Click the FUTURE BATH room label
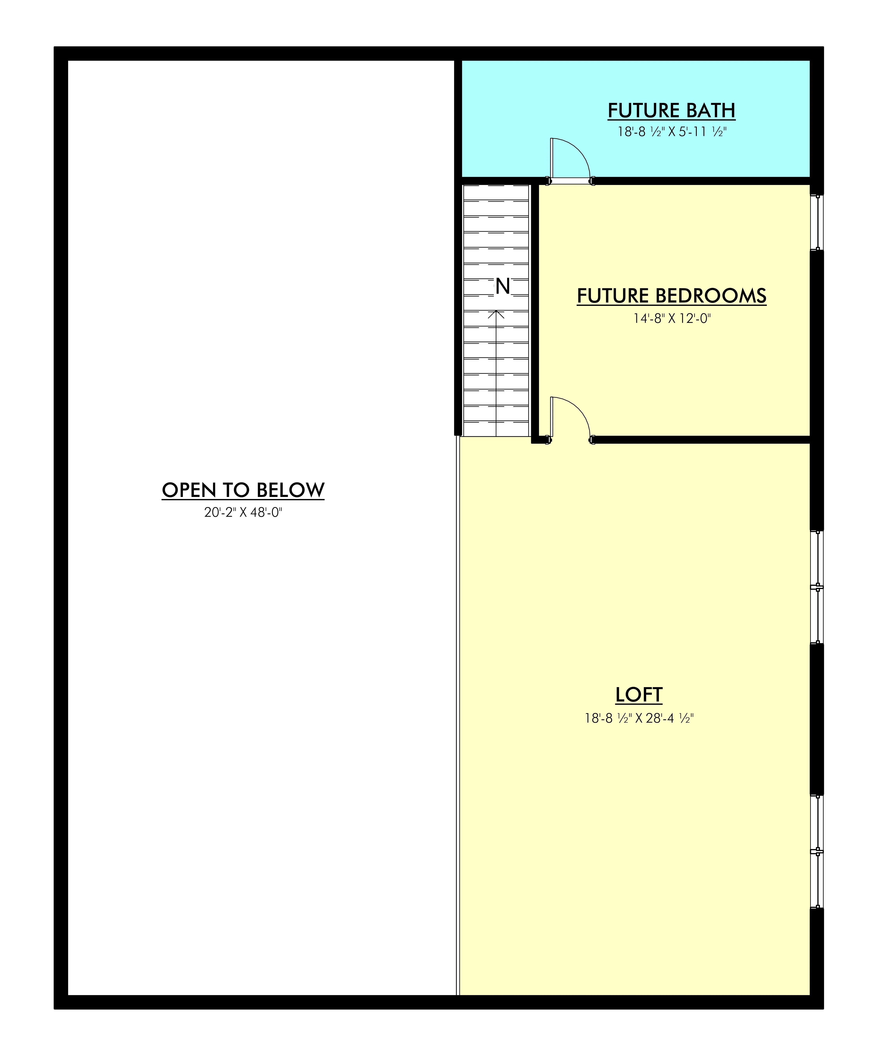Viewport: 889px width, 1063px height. point(671,110)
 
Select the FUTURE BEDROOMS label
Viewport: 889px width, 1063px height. point(671,296)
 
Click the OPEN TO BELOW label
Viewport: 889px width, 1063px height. point(243,490)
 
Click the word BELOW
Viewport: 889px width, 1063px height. point(290,490)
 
